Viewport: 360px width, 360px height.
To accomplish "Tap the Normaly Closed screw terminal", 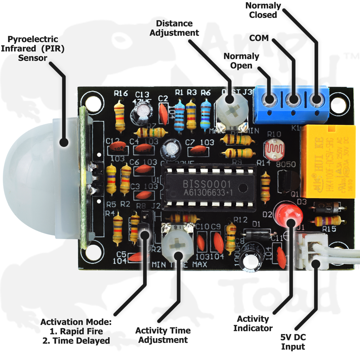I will click(x=317, y=99).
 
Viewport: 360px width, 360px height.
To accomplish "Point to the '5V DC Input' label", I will click(x=293, y=342).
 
